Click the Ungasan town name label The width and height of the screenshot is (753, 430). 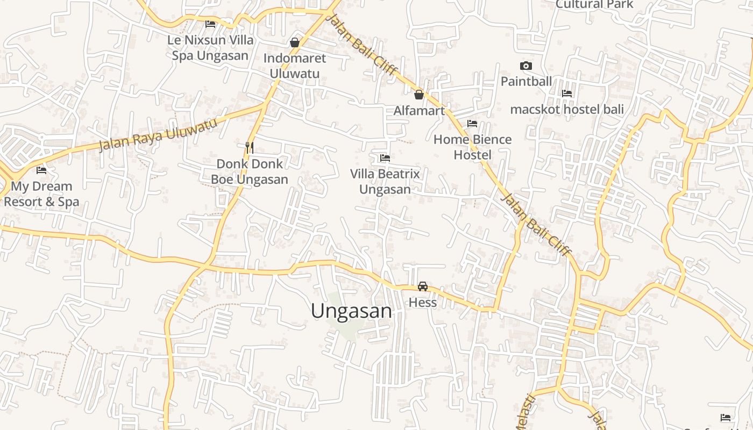point(351,311)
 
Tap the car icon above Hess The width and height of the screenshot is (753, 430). point(423,286)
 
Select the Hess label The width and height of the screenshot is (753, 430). point(423,303)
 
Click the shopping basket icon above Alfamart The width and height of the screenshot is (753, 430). point(419,95)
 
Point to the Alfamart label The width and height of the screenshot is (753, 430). point(419,111)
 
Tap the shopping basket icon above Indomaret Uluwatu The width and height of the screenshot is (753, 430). point(295,42)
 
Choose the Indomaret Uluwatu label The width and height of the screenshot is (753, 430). point(295,66)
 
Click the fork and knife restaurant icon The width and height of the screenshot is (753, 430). point(250,147)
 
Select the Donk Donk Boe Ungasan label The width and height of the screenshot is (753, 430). point(250,171)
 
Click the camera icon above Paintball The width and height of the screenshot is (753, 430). point(526,66)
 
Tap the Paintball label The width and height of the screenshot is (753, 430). point(526,82)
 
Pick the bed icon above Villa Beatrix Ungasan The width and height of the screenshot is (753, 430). point(385,158)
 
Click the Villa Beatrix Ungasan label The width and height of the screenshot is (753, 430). point(385,182)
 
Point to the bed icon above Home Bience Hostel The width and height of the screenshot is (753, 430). point(472,124)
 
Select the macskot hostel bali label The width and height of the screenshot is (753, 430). point(567,110)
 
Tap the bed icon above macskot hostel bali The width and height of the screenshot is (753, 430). point(567,94)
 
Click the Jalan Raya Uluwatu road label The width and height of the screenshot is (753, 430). point(159,134)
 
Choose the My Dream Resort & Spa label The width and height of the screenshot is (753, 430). point(41,194)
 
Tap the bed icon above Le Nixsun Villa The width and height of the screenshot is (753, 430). point(210,24)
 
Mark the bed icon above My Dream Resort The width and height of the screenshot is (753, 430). point(41,170)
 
